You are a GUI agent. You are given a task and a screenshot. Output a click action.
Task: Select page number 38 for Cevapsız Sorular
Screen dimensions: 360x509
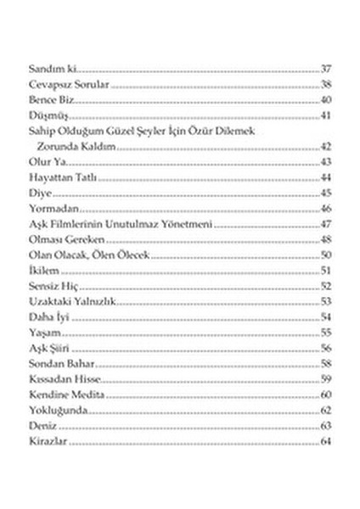326,86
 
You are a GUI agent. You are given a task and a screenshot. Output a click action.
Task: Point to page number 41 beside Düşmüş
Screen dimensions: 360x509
326,115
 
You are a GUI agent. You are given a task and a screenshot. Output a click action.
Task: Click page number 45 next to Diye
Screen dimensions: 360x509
326,193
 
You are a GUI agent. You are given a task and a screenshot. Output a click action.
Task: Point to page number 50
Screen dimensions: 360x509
326,255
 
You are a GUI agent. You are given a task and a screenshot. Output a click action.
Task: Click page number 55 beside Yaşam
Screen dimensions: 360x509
326,333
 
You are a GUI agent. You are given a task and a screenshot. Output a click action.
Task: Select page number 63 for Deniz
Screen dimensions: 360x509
326,426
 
